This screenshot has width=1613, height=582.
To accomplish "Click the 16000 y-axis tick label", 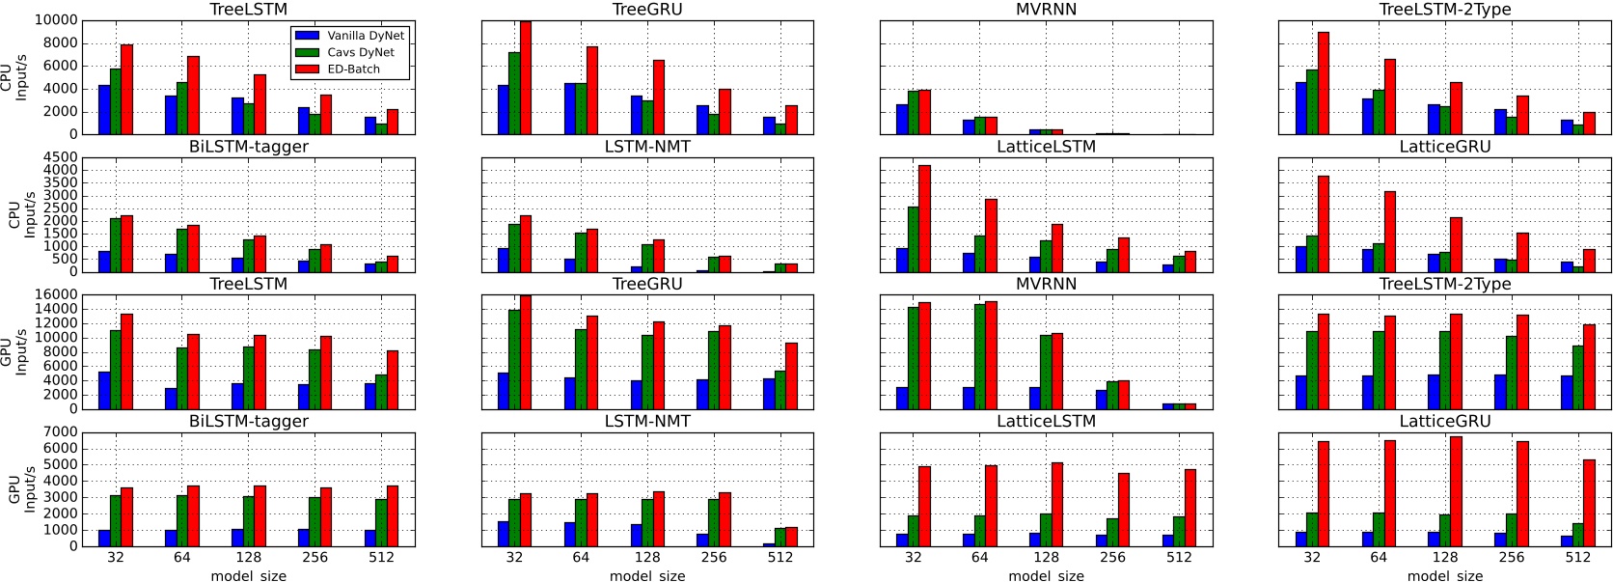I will click(55, 295).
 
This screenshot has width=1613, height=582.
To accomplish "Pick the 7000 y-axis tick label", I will click(59, 432).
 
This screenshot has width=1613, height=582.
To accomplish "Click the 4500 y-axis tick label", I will click(59, 157).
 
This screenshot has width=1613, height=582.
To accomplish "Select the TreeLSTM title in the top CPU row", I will click(249, 10).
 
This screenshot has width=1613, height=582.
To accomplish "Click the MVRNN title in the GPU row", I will click(1046, 284).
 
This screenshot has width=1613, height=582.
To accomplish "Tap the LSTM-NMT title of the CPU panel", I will click(647, 147).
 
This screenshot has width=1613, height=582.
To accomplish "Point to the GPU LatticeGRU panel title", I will click(1445, 421).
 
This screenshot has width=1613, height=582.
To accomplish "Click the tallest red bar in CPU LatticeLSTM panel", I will click(924, 218).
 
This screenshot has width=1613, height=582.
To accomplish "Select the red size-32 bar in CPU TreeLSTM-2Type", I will click(1324, 83).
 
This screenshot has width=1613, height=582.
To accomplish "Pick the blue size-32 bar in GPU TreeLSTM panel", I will click(104, 390).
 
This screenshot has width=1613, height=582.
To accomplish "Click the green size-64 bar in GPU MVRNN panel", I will click(980, 356).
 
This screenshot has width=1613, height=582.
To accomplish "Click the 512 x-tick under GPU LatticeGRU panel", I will click(1577, 557).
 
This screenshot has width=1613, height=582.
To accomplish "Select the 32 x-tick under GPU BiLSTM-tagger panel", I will click(116, 557).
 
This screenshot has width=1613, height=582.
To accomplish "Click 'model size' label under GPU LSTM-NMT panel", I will click(647, 575).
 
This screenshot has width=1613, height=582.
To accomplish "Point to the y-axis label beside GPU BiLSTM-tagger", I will click(21, 489).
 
